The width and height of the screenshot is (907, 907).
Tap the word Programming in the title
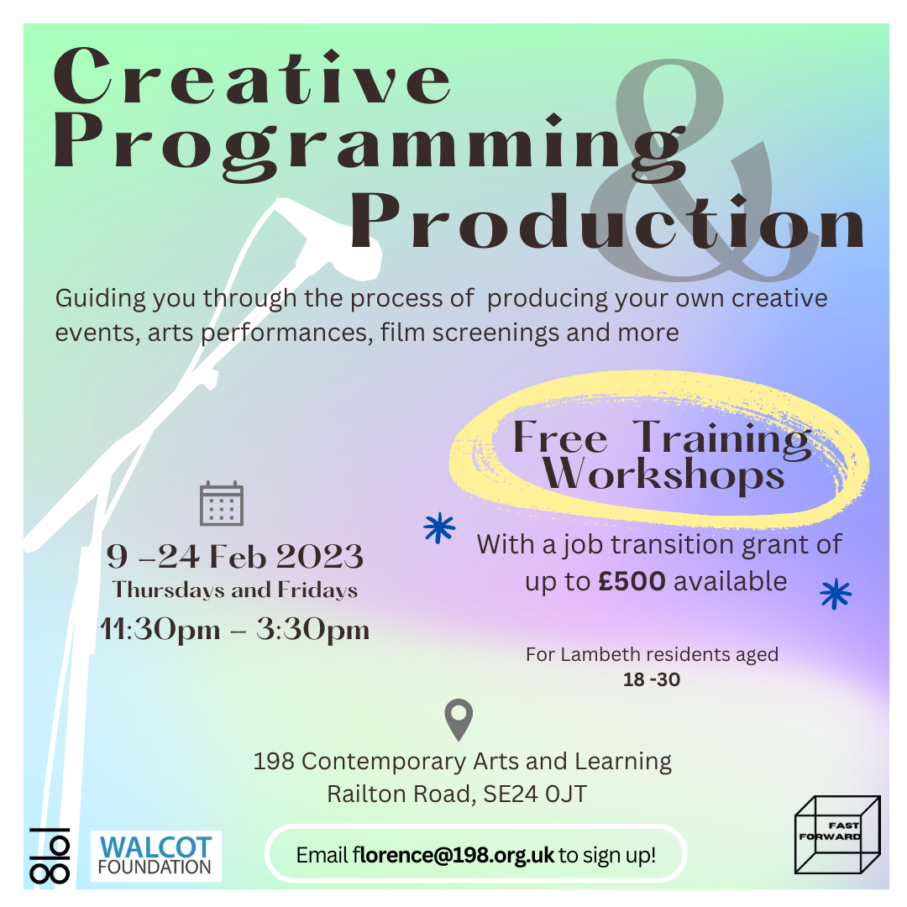pos(370,148)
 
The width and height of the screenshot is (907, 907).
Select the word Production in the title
pos(607,221)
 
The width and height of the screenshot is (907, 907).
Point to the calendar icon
pos(222,503)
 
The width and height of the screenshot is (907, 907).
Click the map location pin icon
pos(459,719)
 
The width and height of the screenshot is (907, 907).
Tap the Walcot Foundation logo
pos(155,856)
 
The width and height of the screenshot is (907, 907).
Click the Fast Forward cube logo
pos(837,835)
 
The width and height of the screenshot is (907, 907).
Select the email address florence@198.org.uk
pos(453,855)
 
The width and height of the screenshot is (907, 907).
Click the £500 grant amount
pos(632,581)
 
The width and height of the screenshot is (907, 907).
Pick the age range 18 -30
pos(652,679)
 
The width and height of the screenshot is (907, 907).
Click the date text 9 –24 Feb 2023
pos(235,557)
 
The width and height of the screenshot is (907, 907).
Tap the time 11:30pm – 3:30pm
pos(235,629)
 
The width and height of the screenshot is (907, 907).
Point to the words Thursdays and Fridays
pos(235,590)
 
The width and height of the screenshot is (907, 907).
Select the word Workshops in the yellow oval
pos(663,475)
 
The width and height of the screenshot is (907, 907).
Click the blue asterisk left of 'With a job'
pos(439,527)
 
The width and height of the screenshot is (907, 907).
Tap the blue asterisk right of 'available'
pos(836,594)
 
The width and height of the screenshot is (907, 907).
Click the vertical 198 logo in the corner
pos(50,856)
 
